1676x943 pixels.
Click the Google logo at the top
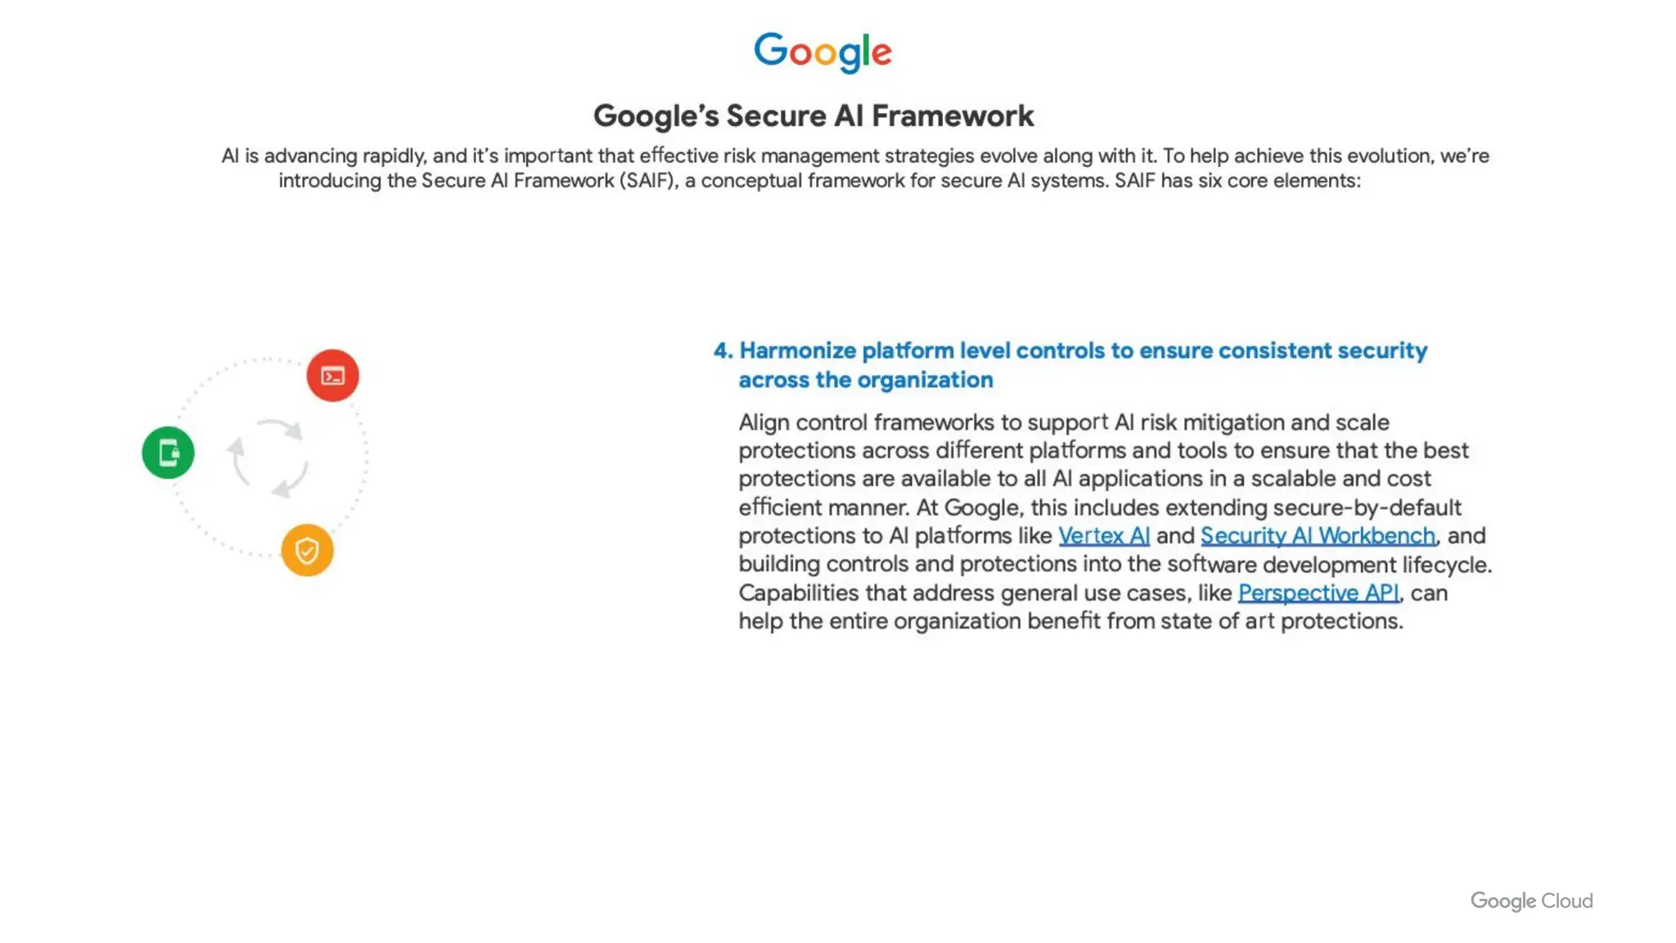click(822, 52)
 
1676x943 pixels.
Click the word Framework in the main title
click(953, 116)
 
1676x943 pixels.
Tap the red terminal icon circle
click(332, 376)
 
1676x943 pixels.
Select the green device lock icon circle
click(168, 453)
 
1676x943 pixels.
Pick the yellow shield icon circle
click(307, 550)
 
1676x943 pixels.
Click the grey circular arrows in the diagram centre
click(270, 458)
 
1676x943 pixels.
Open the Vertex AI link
click(1103, 536)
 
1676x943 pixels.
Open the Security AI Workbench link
click(1318, 536)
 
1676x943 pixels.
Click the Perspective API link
click(1318, 593)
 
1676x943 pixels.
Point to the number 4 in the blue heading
click(721, 351)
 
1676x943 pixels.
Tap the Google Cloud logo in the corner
click(1531, 901)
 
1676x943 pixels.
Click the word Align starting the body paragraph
click(764, 423)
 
